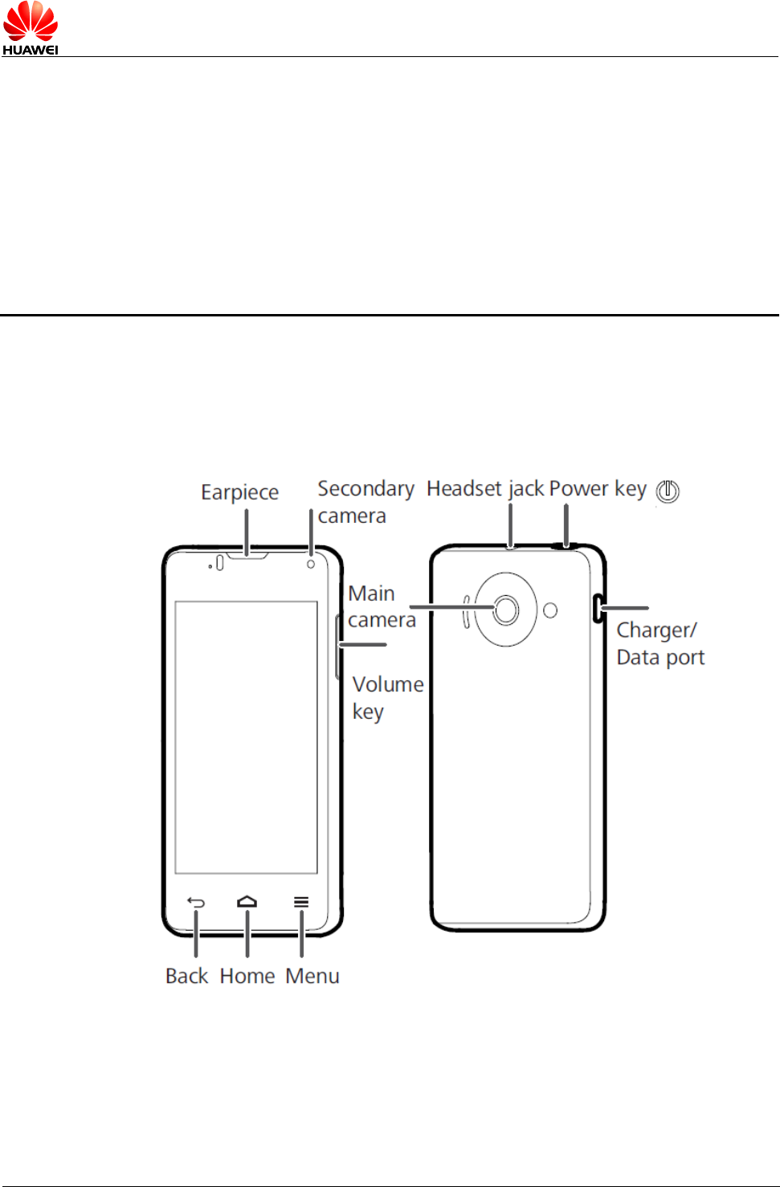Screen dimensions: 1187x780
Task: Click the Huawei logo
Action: [x=31, y=28]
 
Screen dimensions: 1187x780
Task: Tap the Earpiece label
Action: [x=239, y=492]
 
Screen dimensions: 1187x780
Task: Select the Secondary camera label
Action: [x=365, y=502]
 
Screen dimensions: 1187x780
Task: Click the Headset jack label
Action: [x=486, y=488]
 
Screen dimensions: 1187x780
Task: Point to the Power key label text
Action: [x=598, y=488]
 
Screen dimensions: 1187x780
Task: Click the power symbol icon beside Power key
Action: [x=668, y=491]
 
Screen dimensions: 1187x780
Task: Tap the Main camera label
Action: [x=382, y=606]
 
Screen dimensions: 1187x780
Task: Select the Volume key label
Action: [x=387, y=697]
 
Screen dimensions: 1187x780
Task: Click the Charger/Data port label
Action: [x=660, y=643]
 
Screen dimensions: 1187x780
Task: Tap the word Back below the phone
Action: [x=186, y=976]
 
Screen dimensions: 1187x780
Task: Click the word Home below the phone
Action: [x=247, y=976]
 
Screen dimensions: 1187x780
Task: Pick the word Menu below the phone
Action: [x=312, y=976]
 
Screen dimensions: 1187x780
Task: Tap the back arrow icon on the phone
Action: [x=196, y=903]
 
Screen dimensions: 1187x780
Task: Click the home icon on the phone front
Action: [x=247, y=902]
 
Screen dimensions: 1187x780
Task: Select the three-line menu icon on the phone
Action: [x=301, y=902]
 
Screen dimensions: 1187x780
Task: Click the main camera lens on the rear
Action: [x=506, y=610]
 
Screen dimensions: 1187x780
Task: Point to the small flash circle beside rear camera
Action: [x=550, y=610]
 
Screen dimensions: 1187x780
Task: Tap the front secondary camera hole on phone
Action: [x=311, y=565]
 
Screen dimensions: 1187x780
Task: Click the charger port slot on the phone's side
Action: [x=597, y=608]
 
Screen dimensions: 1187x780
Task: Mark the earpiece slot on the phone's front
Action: [x=247, y=555]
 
